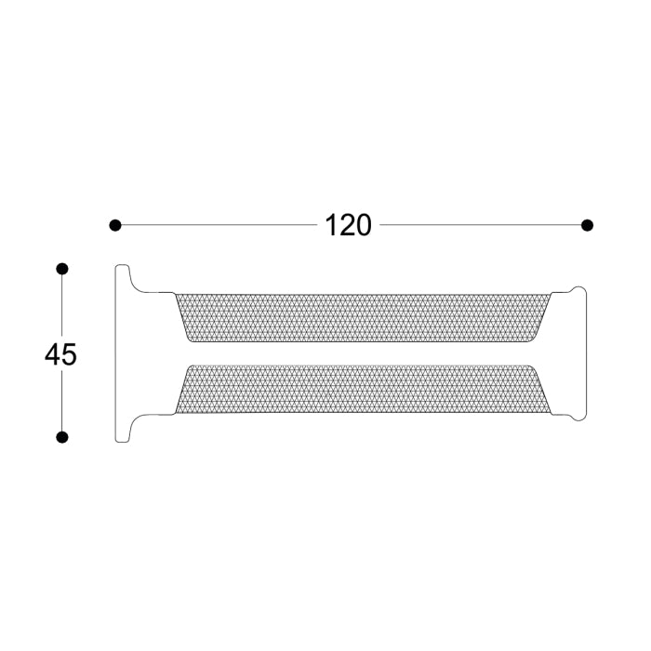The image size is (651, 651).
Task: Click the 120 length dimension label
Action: (x=348, y=225)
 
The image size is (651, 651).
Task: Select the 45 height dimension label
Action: (x=60, y=354)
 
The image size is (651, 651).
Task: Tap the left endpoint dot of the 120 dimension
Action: (x=115, y=225)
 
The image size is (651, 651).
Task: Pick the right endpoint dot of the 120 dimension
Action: (x=587, y=225)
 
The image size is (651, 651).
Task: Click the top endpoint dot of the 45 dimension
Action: (x=62, y=269)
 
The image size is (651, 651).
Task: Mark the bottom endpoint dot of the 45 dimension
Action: (x=62, y=437)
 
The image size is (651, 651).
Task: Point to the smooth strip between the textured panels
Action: (x=360, y=353)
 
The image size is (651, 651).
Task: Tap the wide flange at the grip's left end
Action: (x=122, y=353)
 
